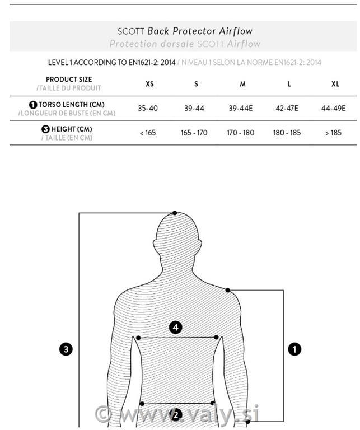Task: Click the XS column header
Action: pos(149,84)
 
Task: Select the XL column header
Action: pos(335,84)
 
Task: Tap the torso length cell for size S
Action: pos(194,109)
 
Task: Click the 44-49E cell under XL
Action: pos(334,109)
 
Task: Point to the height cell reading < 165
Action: pos(147,133)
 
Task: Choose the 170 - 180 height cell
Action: pos(241,133)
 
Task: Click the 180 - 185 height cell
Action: pos(287,133)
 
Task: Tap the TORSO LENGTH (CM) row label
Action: pos(71,105)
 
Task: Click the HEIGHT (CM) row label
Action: pos(71,129)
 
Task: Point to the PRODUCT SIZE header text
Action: pos(69,80)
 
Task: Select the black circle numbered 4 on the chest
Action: pos(176,327)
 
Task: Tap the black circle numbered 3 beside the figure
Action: pos(66,349)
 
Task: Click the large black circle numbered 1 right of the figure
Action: pos(294,349)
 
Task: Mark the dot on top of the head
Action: pos(175,213)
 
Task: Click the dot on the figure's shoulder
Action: pos(228,290)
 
